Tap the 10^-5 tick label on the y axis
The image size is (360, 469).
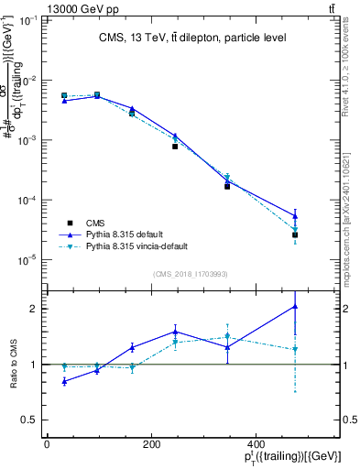(x=27, y=260)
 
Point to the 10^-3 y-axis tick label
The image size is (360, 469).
(x=27, y=140)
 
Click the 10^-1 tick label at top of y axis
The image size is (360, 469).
(x=27, y=20)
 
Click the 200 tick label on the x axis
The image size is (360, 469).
(x=194, y=443)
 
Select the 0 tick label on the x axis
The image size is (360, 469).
(x=47, y=443)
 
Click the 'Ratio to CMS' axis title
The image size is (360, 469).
(x=14, y=364)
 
